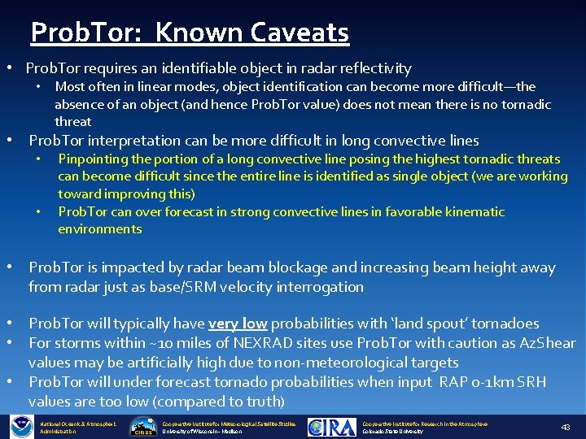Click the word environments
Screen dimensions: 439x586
point(99,228)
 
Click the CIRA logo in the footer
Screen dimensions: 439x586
point(332,427)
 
